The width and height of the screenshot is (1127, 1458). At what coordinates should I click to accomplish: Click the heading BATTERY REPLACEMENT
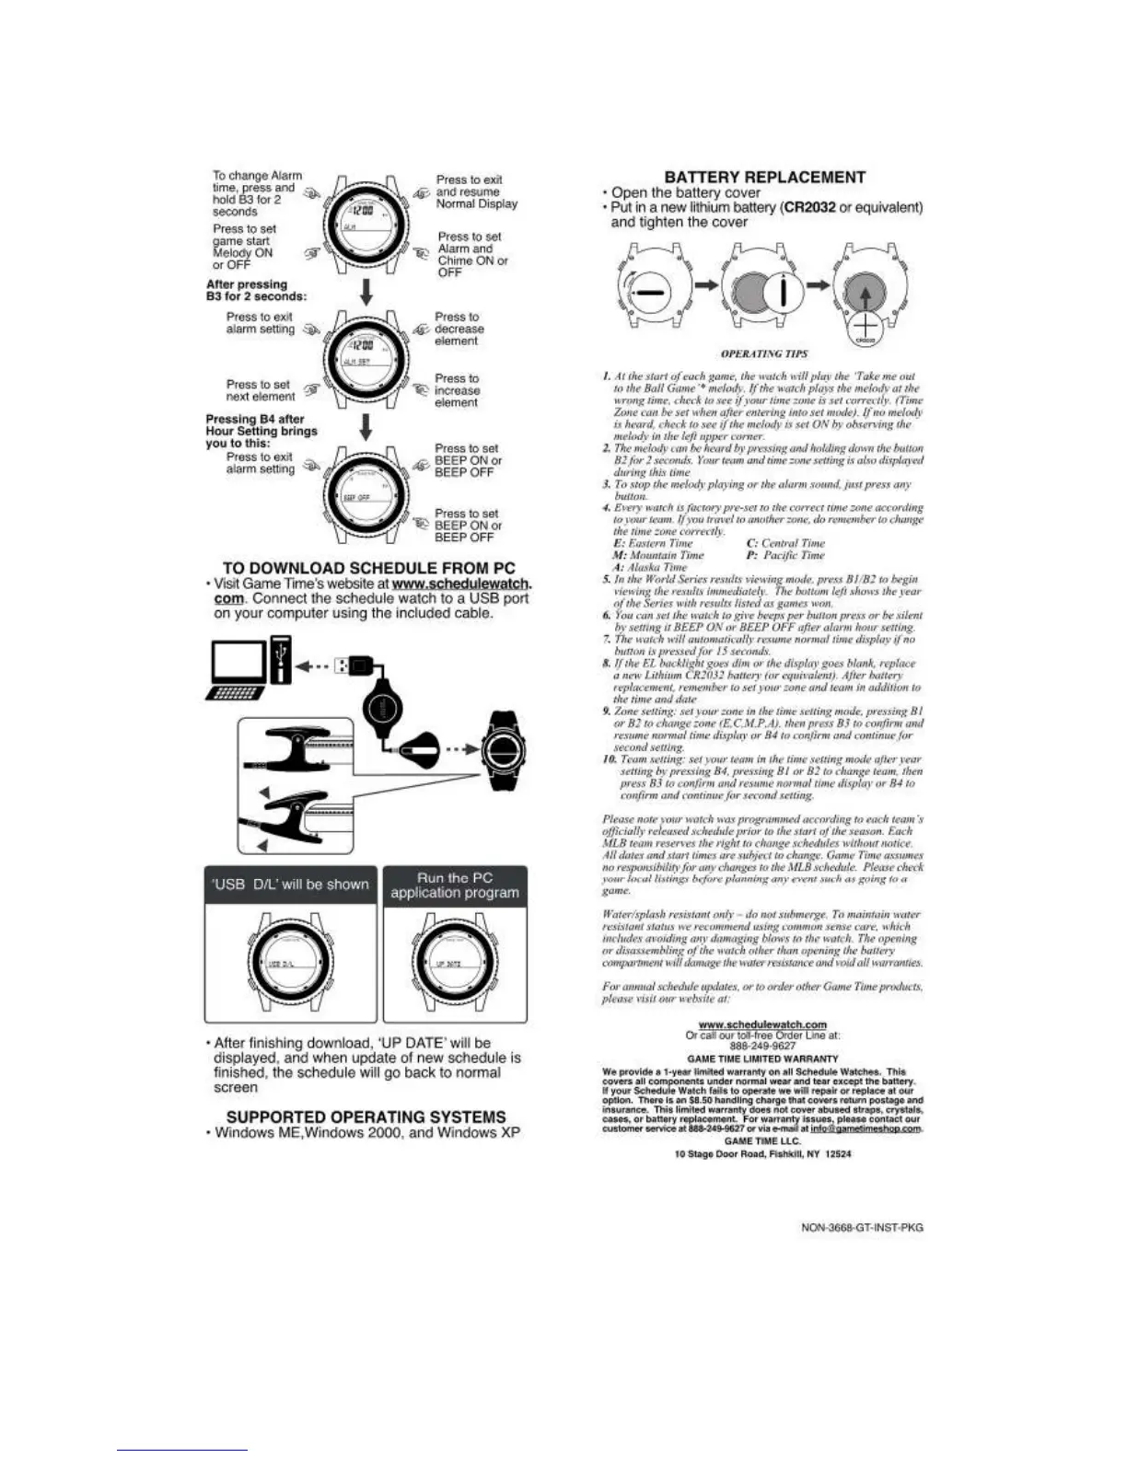(764, 178)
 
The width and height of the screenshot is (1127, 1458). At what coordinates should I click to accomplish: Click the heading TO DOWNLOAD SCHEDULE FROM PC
(368, 568)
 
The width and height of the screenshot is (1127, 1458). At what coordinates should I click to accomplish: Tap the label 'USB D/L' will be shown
(290, 885)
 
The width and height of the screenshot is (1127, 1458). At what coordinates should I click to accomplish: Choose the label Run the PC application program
(455, 885)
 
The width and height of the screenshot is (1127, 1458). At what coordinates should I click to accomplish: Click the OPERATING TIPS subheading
(763, 353)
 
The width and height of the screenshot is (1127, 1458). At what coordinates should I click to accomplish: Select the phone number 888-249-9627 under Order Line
(762, 1046)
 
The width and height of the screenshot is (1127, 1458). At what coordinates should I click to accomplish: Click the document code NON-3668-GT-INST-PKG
(863, 1228)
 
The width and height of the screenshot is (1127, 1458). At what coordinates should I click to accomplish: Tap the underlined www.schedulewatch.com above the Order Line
(762, 1024)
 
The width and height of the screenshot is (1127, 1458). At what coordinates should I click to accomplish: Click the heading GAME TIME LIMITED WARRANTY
(762, 1059)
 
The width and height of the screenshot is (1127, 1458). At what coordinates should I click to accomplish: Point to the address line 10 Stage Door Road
(762, 1153)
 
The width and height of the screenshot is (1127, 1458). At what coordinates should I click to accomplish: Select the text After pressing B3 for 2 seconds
(256, 290)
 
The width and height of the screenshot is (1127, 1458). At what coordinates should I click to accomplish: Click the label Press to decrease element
(459, 329)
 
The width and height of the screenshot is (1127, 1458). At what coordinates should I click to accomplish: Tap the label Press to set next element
(260, 390)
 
